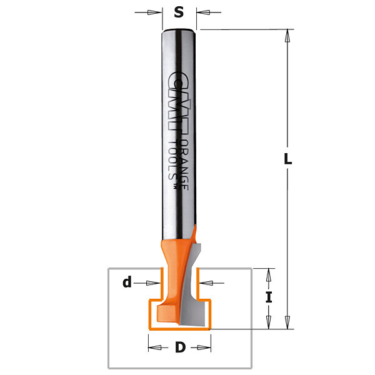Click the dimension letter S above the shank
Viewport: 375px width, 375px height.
179,12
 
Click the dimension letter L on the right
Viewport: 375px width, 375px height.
287,159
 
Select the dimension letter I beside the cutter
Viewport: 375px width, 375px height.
269,298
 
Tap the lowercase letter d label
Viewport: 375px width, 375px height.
127,282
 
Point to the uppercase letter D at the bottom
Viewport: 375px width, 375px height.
180,347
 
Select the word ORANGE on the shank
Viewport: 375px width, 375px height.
184,164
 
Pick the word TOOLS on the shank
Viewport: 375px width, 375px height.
172,160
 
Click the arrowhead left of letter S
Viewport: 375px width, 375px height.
155,12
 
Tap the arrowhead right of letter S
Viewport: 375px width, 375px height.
203,12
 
